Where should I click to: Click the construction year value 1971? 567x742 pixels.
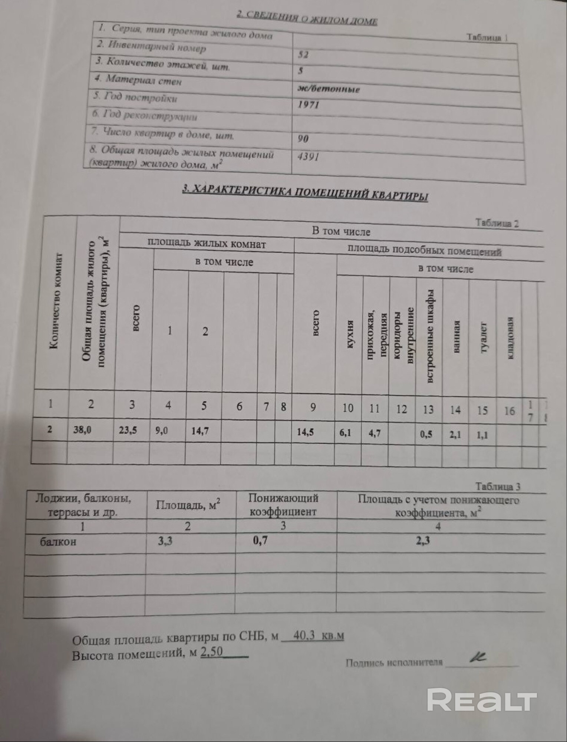coord(309,105)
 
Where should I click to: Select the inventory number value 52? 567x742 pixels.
coord(303,55)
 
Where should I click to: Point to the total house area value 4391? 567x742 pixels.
coord(308,157)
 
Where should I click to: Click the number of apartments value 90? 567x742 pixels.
coord(303,139)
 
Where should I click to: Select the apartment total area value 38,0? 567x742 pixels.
coord(82,430)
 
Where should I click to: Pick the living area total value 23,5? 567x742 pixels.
coord(128,430)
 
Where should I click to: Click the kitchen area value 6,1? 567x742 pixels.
coord(345,432)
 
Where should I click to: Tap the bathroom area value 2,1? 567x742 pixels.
coord(455,434)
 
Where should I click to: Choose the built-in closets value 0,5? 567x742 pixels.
coord(426,434)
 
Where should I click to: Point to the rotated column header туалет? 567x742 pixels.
coord(483,337)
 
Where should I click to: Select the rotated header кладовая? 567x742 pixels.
coord(510,337)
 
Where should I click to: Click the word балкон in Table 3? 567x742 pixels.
coord(58,542)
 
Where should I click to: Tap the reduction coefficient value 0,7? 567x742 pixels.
coord(260,541)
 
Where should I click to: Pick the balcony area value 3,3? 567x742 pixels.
coord(165,541)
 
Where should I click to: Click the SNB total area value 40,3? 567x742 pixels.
coord(304,635)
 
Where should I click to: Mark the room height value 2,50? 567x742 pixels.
coord(211,652)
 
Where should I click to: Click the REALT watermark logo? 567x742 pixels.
coord(481,700)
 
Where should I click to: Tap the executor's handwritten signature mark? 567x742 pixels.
coord(478,657)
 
